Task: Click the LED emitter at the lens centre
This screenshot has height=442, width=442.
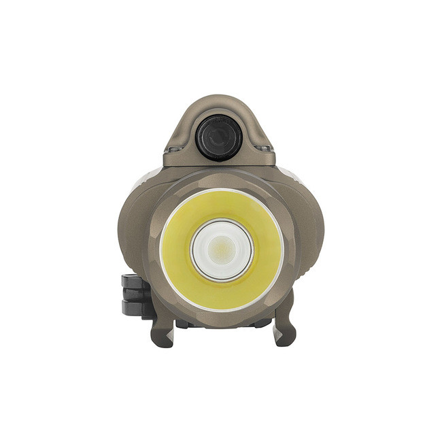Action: pyautogui.click(x=221, y=249)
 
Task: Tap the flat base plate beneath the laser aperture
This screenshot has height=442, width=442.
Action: pyautogui.click(x=219, y=160)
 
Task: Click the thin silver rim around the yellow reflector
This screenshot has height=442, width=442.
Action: pyautogui.click(x=160, y=249)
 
